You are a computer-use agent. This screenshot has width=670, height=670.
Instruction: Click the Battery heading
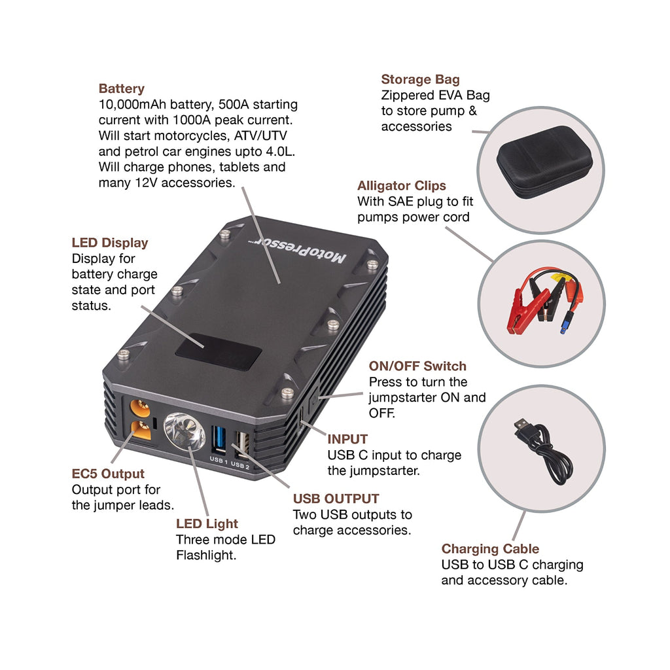[x=121, y=88]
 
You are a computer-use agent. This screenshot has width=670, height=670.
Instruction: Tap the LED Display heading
[x=110, y=243]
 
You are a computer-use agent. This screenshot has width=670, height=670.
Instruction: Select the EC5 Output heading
[x=108, y=474]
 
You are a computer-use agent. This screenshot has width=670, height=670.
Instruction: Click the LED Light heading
[x=207, y=523]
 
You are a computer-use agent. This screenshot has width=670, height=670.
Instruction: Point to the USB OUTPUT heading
[x=336, y=499]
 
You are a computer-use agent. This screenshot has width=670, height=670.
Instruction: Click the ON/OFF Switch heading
[x=417, y=366]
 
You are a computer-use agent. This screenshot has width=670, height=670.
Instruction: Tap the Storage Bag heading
[x=420, y=79]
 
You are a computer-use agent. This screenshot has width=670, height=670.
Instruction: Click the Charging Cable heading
[x=490, y=549]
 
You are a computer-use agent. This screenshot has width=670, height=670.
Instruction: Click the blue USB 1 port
[x=218, y=438]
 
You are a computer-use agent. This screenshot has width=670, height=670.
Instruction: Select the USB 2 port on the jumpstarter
[x=239, y=444]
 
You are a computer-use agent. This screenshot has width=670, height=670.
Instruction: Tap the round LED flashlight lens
[x=184, y=431]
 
